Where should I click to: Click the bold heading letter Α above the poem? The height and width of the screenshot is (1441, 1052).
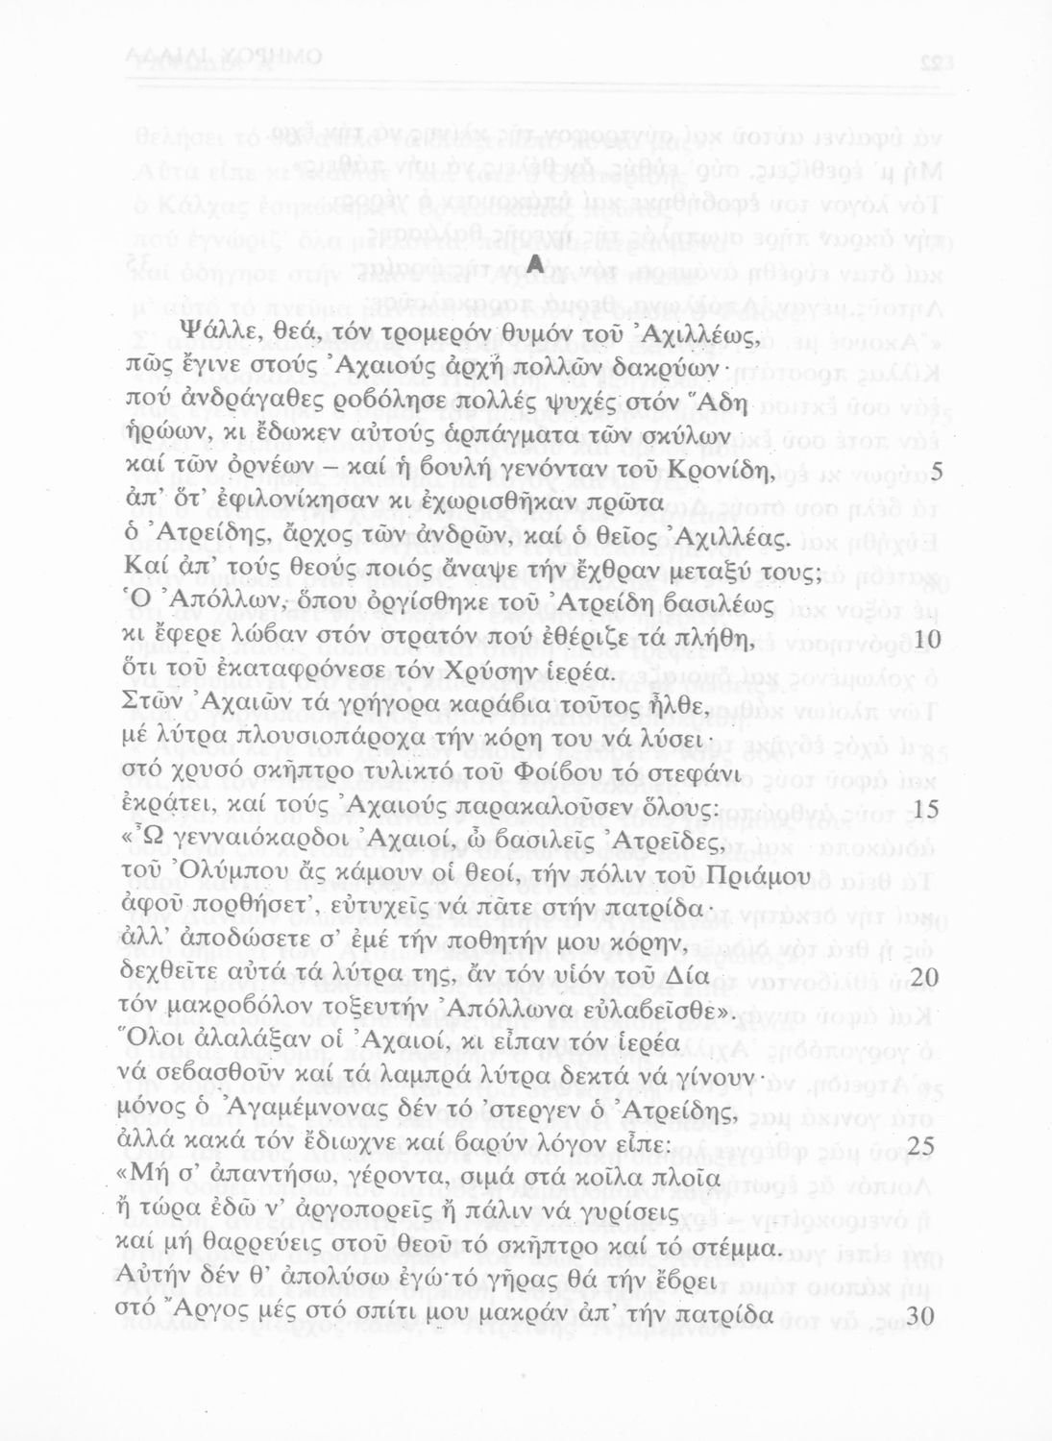(x=536, y=262)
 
